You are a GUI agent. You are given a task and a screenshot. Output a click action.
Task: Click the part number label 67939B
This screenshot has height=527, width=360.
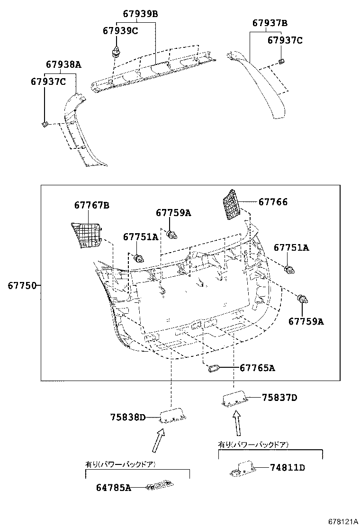(140, 14)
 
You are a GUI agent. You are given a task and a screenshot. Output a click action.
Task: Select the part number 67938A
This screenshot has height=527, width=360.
(63, 64)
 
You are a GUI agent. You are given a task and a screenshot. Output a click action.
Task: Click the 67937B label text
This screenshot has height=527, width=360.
(270, 23)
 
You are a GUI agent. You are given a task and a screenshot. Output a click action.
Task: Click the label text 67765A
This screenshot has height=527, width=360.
(257, 368)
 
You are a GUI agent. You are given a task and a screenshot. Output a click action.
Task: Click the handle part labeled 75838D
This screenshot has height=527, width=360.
(173, 417)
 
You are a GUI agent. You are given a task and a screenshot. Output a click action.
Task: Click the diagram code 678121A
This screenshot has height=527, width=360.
(339, 521)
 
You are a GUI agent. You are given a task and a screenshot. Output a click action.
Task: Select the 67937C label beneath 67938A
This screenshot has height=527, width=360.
(48, 82)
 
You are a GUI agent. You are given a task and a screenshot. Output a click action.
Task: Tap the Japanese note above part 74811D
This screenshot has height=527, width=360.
(253, 445)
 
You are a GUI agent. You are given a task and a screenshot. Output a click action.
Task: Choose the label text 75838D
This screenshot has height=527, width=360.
(128, 417)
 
